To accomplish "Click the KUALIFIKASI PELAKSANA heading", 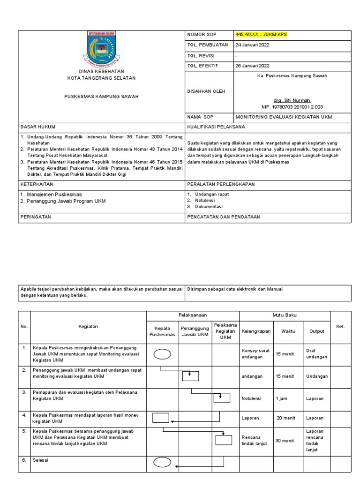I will [x=216, y=127].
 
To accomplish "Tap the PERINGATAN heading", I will [x=35, y=217].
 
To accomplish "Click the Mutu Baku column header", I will [x=285, y=315].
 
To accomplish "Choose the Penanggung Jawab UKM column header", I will [x=195, y=331].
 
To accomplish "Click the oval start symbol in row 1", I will [x=162, y=354].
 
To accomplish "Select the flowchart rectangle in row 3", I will [x=222, y=398].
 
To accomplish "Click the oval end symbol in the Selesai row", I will [x=162, y=463].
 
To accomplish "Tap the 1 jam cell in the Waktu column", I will [x=282, y=399].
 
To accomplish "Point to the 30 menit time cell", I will [x=285, y=441].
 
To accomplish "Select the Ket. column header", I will [x=340, y=327].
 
